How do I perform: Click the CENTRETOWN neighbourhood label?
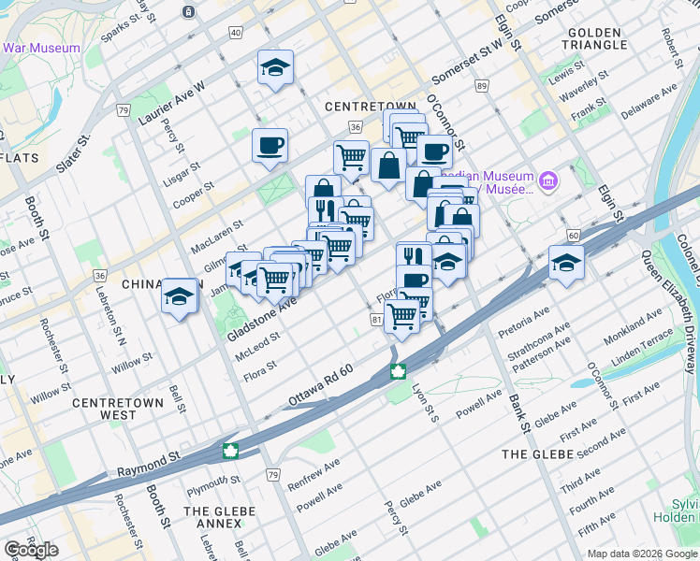tap(356, 107)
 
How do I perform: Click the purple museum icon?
tap(548, 179)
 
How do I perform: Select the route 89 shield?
tap(482, 86)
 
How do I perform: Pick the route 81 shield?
tap(377, 320)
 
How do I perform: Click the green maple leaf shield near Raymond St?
tap(228, 452)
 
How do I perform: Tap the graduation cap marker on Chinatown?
tap(180, 295)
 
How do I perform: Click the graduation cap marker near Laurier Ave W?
tap(275, 66)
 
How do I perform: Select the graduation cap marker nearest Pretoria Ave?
tap(565, 262)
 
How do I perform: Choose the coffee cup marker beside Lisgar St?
tap(270, 145)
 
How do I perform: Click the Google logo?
tap(31, 550)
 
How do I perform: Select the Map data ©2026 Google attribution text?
tap(641, 554)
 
